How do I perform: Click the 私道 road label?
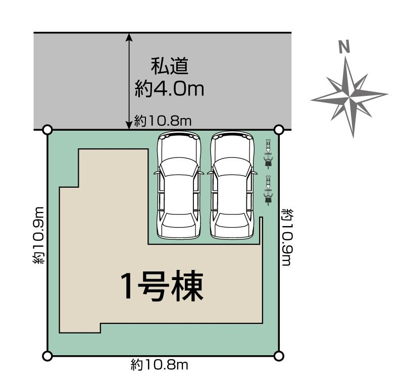169,66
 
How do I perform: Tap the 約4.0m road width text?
169,89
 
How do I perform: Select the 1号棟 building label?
161,287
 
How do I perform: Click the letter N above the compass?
344,47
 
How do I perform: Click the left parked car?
179,185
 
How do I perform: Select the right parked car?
231,185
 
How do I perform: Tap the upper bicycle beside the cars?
269,154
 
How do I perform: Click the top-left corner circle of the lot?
47,130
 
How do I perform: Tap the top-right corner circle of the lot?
278,130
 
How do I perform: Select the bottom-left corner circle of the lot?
47,356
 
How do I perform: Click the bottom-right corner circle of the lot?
278,356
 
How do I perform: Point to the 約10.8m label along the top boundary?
163,121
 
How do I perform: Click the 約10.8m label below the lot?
159,365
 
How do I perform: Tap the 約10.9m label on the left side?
39,235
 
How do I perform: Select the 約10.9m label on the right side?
287,236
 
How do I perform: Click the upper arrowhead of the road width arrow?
130,37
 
